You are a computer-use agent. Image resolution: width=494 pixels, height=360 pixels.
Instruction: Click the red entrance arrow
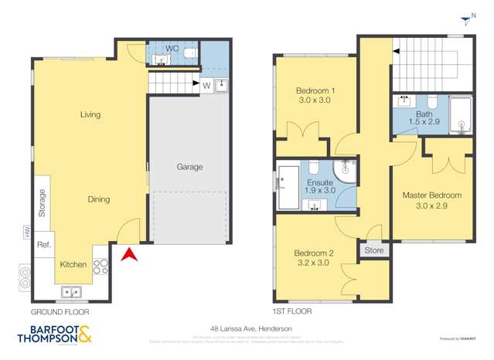(x=129, y=253)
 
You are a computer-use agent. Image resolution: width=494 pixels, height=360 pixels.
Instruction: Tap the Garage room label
(x=189, y=167)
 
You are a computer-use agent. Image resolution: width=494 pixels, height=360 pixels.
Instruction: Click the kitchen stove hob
(x=101, y=267)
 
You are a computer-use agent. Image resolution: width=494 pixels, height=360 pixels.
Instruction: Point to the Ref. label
(x=43, y=244)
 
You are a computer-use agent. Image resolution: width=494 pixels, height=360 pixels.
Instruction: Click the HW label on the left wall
(x=26, y=231)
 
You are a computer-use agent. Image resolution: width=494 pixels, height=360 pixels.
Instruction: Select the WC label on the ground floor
(x=172, y=48)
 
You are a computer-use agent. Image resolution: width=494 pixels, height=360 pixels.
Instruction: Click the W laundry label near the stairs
(x=206, y=85)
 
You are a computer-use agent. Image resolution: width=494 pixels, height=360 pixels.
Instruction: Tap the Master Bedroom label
(x=431, y=195)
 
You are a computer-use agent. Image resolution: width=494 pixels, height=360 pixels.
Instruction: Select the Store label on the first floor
(x=374, y=250)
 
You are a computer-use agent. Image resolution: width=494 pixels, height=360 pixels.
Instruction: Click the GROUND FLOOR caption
(x=60, y=312)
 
